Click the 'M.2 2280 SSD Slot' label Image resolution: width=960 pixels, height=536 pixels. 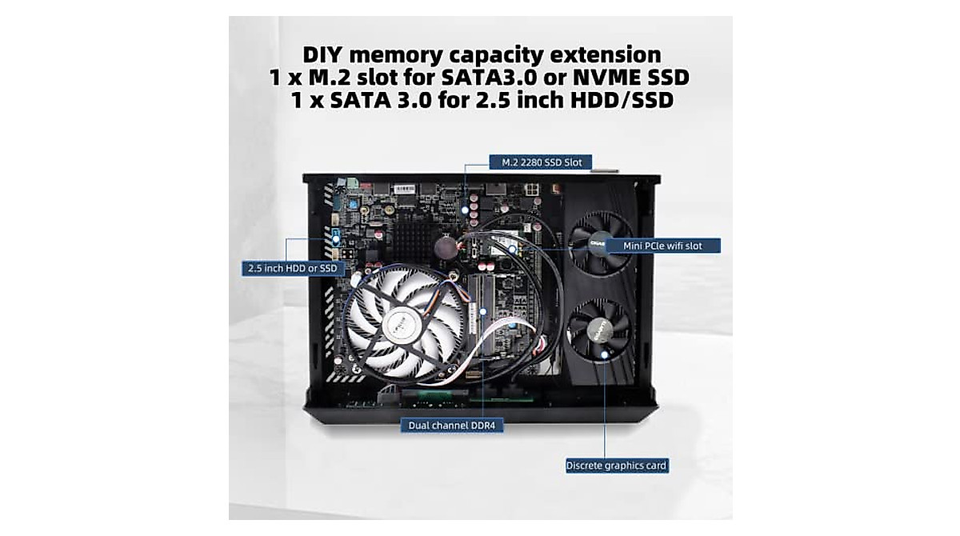coord(541,162)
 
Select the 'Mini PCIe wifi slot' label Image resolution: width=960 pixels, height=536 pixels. coord(662,246)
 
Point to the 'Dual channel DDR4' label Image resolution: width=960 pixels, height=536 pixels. coord(452,426)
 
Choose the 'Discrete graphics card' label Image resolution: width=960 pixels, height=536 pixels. coord(616,465)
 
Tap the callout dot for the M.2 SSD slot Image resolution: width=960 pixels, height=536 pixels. coord(466,210)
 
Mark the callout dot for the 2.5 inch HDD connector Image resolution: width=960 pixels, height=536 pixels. coord(336,238)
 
